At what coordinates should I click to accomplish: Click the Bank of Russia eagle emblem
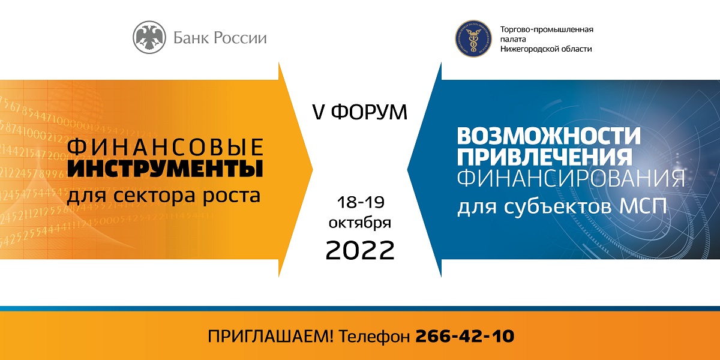pyautogui.click(x=149, y=37)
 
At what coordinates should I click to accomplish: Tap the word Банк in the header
pyautogui.click(x=191, y=38)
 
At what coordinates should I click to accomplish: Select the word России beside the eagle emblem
pyautogui.click(x=240, y=38)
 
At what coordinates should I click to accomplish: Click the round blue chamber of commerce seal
pyautogui.click(x=473, y=38)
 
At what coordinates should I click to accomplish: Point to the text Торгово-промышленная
pyautogui.click(x=547, y=29)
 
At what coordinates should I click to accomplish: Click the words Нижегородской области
pyautogui.click(x=546, y=49)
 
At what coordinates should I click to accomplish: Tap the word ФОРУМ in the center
pyautogui.click(x=369, y=112)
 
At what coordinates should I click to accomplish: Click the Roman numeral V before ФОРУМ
pyautogui.click(x=319, y=113)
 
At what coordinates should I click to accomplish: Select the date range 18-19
pyautogui.click(x=361, y=202)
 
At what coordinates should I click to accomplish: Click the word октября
pyautogui.click(x=359, y=223)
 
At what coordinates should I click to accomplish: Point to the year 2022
pyautogui.click(x=360, y=250)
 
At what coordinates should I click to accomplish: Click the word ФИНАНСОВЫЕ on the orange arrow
pyautogui.click(x=165, y=147)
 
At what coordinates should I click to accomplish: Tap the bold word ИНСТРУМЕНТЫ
pyautogui.click(x=165, y=169)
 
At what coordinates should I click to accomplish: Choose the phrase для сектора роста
pyautogui.click(x=164, y=196)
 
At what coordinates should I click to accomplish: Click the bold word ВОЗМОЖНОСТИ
pyautogui.click(x=549, y=136)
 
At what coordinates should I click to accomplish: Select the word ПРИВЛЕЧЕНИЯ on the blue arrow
pyautogui.click(x=545, y=157)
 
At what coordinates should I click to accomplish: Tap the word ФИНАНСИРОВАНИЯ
pyautogui.click(x=571, y=178)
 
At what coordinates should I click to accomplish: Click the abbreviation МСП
pyautogui.click(x=643, y=207)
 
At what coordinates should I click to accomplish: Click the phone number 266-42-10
pyautogui.click(x=465, y=336)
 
